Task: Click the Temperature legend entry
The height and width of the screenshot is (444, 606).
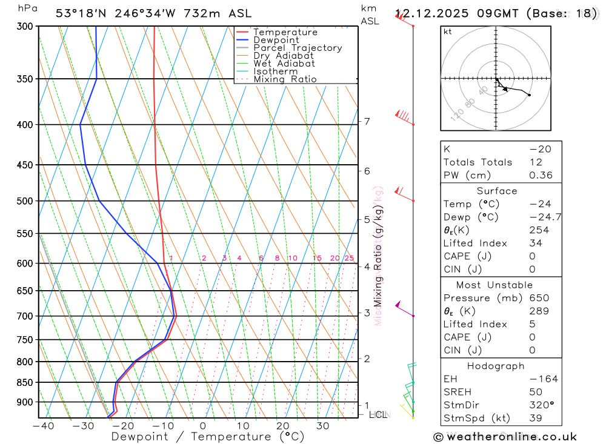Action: click(x=285, y=32)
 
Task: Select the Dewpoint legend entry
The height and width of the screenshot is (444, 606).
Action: click(x=276, y=40)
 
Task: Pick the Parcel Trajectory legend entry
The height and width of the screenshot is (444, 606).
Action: click(x=297, y=48)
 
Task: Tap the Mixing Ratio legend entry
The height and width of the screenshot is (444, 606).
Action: click(x=285, y=79)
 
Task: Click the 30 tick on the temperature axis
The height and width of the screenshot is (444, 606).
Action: click(x=322, y=426)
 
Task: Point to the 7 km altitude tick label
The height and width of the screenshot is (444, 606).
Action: click(x=367, y=121)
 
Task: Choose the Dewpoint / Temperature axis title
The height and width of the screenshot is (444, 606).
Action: click(x=199, y=437)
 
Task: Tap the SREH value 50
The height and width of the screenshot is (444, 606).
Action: click(x=535, y=392)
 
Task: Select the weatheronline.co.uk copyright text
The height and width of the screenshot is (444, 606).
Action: click(x=505, y=436)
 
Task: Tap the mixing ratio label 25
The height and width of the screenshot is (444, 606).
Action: click(x=349, y=258)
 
